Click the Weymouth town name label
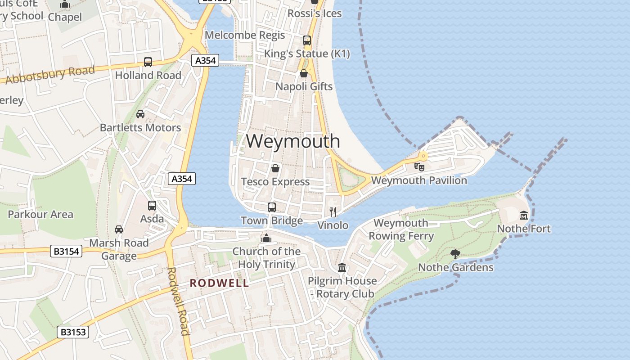click(293, 141)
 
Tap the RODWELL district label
click(219, 283)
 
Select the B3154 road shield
click(66, 252)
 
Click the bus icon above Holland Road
click(148, 62)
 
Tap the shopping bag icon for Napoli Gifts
click(304, 73)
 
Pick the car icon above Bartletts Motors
click(140, 114)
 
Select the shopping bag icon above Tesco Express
click(275, 169)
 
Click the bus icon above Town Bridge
click(272, 207)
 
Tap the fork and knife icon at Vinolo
click(333, 212)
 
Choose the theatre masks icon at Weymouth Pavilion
click(419, 167)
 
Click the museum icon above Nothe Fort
click(524, 216)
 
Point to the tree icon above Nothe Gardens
click(455, 254)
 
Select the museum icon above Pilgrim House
click(342, 268)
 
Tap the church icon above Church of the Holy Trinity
click(266, 238)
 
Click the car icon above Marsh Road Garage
click(119, 229)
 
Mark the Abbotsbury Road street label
click(50, 75)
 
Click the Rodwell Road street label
click(178, 301)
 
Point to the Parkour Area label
click(40, 214)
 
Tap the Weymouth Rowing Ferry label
click(401, 229)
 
